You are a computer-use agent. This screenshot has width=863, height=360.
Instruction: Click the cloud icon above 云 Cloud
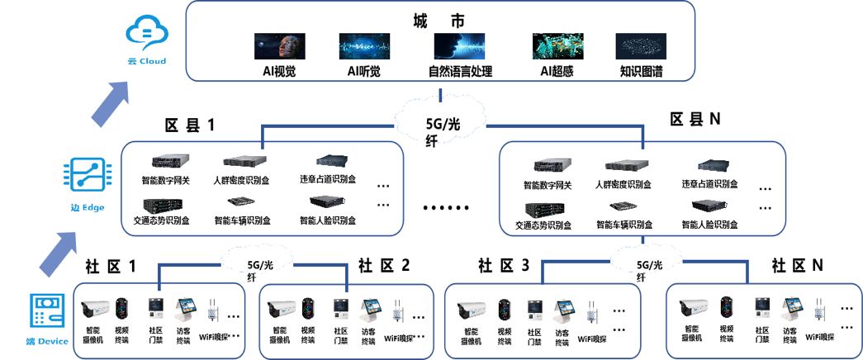click(146, 34)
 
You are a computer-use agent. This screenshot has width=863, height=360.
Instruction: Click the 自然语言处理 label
click(459, 72)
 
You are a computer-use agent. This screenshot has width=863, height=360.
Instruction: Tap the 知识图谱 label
click(641, 72)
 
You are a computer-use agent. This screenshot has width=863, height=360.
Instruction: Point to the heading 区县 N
click(695, 120)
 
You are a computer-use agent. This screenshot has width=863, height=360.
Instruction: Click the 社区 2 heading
click(384, 266)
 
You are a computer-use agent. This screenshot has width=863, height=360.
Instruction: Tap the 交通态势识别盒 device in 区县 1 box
click(162, 204)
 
